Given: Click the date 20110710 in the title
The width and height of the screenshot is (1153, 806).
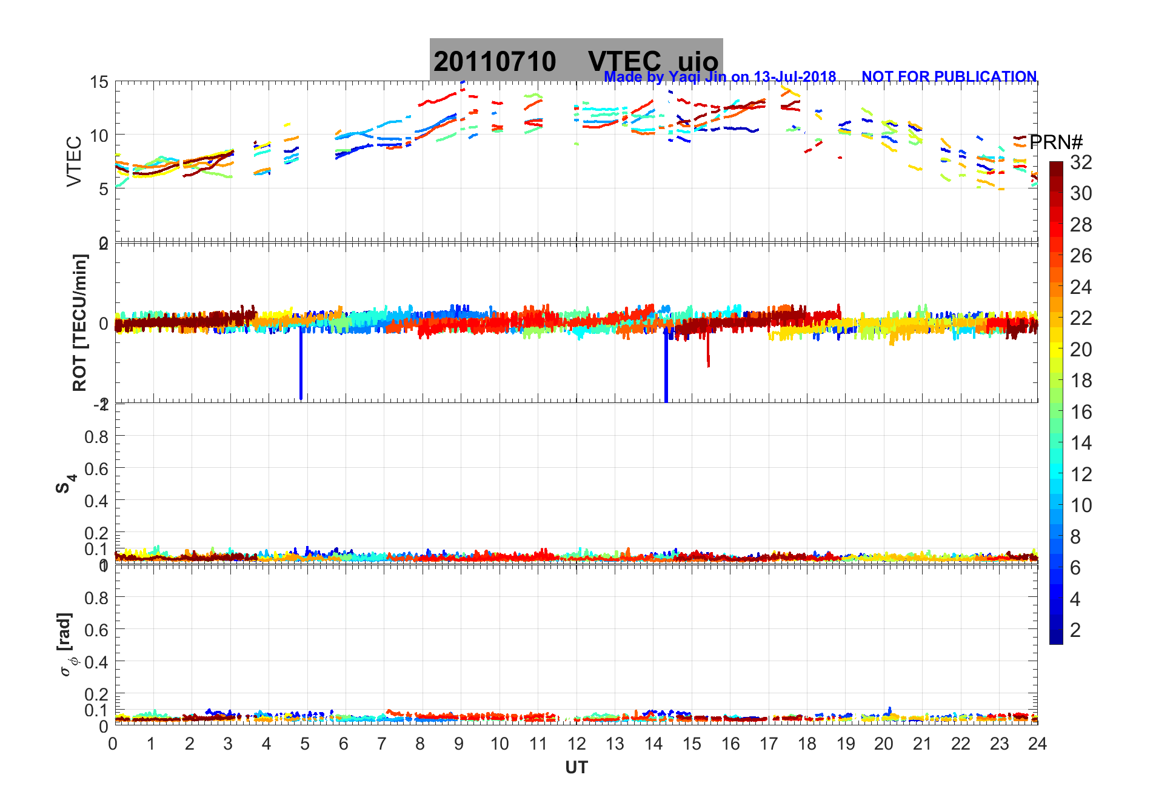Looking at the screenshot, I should point(495,62).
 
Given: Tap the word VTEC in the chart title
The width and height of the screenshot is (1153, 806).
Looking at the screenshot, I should point(624,62).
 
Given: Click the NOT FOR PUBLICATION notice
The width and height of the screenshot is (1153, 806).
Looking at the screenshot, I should point(949,77).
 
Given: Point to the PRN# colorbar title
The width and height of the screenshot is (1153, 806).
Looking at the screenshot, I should point(1055,142).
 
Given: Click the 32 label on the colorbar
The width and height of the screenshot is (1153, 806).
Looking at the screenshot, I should point(1081,162).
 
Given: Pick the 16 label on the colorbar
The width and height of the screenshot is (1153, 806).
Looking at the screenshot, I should point(1081,412).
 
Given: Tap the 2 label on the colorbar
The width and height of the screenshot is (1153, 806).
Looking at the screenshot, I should point(1075,630).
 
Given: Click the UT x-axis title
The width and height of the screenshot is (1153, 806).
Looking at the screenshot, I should point(576,768).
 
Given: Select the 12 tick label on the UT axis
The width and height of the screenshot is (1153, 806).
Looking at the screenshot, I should point(576,744).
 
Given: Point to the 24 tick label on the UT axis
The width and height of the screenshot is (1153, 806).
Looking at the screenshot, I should point(1037,744).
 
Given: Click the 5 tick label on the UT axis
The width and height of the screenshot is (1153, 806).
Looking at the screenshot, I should point(305,744).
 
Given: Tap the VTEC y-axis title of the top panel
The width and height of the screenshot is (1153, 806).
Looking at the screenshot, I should point(74,161).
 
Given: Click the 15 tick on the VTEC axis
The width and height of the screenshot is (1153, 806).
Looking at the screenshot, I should point(99,82).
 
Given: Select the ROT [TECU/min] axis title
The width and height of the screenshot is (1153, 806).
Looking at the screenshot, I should point(80,322).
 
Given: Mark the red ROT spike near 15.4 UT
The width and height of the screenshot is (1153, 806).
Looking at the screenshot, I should point(708,355).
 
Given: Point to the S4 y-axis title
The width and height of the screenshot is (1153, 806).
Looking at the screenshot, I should point(65,483).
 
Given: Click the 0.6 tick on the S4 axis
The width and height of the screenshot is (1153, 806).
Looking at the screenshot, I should point(96,468).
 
